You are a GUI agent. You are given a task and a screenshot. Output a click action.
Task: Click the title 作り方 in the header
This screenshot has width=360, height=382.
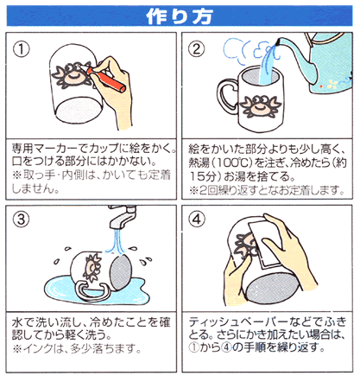(x=179, y=15)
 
